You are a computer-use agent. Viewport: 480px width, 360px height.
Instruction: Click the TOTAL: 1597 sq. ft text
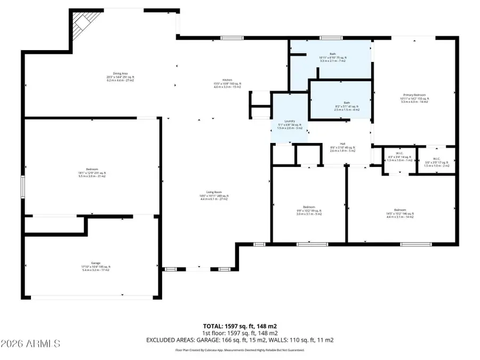coord(239,325)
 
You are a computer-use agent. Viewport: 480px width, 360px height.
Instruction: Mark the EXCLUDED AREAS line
coord(239,340)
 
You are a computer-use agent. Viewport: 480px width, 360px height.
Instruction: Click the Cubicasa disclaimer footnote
coord(239,350)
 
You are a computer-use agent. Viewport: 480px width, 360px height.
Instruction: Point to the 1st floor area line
coord(239,333)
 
